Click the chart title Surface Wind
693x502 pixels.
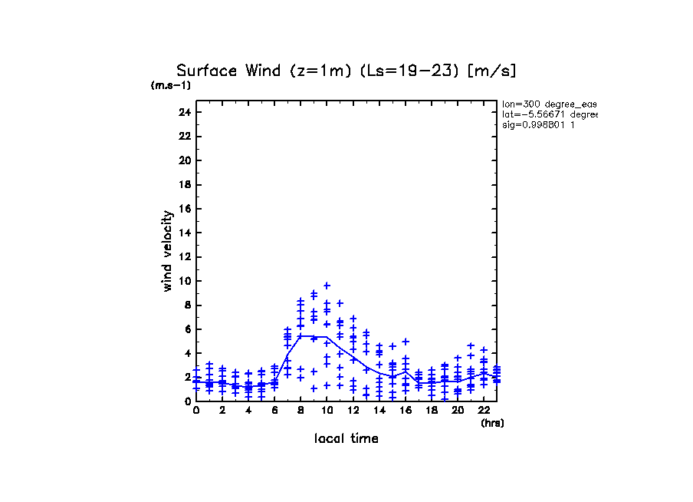(346, 71)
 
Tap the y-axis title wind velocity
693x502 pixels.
(167, 251)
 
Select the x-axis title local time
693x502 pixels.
(346, 439)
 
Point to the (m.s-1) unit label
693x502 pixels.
(171, 85)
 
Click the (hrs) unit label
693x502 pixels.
(492, 423)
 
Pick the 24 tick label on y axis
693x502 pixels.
(184, 112)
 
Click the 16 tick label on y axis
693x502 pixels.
(184, 209)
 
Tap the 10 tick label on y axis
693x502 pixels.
(184, 281)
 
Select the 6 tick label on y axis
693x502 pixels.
(187, 329)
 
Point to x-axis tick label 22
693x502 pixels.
(484, 411)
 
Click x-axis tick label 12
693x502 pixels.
(353, 411)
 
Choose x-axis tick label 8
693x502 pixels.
(301, 411)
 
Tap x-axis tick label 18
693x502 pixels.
(431, 411)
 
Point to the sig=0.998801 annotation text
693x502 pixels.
(540, 124)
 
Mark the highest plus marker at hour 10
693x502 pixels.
(327, 286)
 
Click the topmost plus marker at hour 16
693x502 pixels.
(406, 342)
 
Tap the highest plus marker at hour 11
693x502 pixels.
(340, 303)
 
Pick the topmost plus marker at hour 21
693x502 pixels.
(471, 346)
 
